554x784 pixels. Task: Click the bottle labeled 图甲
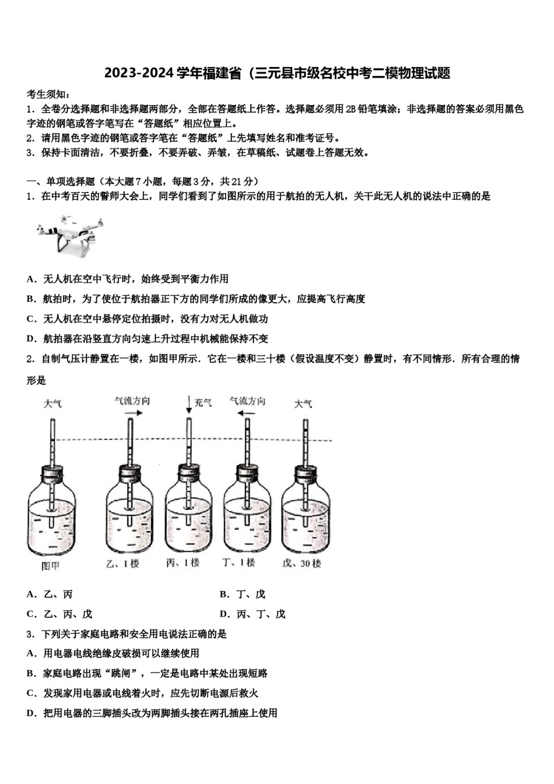click(x=52, y=513)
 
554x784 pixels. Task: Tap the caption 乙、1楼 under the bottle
click(x=123, y=563)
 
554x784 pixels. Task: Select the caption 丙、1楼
click(x=183, y=563)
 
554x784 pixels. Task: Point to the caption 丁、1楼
click(x=239, y=563)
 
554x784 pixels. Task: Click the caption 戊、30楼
click(x=301, y=563)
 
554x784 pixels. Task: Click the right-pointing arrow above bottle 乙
click(x=132, y=413)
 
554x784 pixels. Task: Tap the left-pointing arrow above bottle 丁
click(x=246, y=413)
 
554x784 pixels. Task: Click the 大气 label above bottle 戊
click(x=303, y=404)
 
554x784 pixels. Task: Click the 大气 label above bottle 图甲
click(x=52, y=404)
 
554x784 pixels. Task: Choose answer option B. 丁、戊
click(x=243, y=594)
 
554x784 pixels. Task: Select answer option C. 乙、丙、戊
click(x=59, y=614)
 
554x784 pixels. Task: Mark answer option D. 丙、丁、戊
click(x=253, y=614)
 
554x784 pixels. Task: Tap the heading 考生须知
click(x=48, y=94)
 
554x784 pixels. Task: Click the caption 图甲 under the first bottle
click(x=51, y=565)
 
